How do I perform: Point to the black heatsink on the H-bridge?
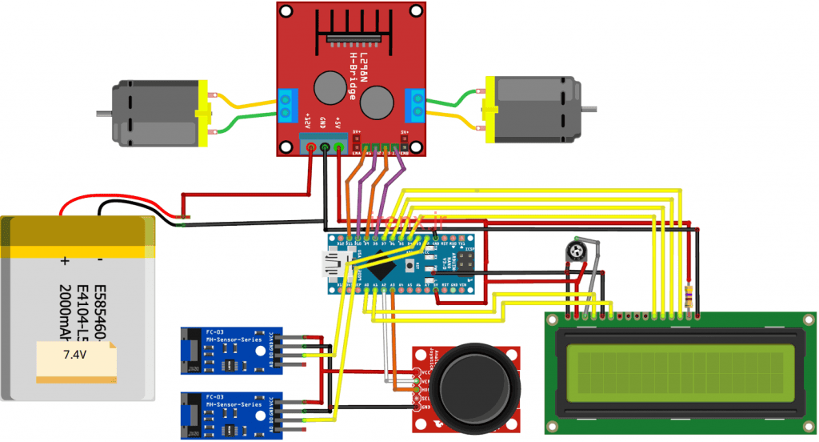(x=353, y=33)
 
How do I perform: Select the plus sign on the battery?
(x=65, y=261)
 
